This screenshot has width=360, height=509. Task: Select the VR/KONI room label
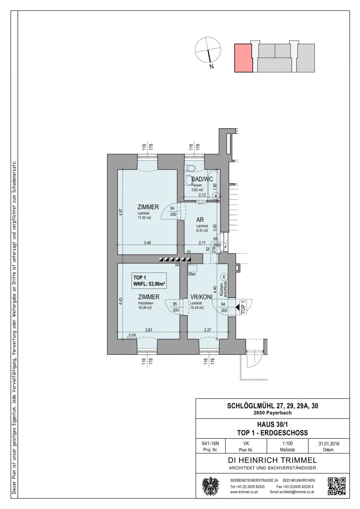pyautogui.click(x=200, y=297)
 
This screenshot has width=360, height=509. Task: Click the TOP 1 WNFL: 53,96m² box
pyautogui.click(x=149, y=280)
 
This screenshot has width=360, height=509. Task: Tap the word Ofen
pyautogui.click(x=192, y=274)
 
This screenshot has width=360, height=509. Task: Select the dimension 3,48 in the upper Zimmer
pyautogui.click(x=147, y=243)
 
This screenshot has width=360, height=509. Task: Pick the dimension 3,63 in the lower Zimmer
pyautogui.click(x=149, y=330)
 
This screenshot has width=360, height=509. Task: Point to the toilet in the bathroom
pyautogui.click(x=191, y=168)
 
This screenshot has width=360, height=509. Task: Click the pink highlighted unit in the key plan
pyautogui.click(x=243, y=58)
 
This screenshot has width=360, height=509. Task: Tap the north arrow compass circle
pyautogui.click(x=208, y=49)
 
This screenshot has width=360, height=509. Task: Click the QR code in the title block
pyautogui.click(x=336, y=486)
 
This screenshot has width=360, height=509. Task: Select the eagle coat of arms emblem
pyautogui.click(x=211, y=486)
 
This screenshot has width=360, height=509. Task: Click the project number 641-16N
pyautogui.click(x=210, y=443)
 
